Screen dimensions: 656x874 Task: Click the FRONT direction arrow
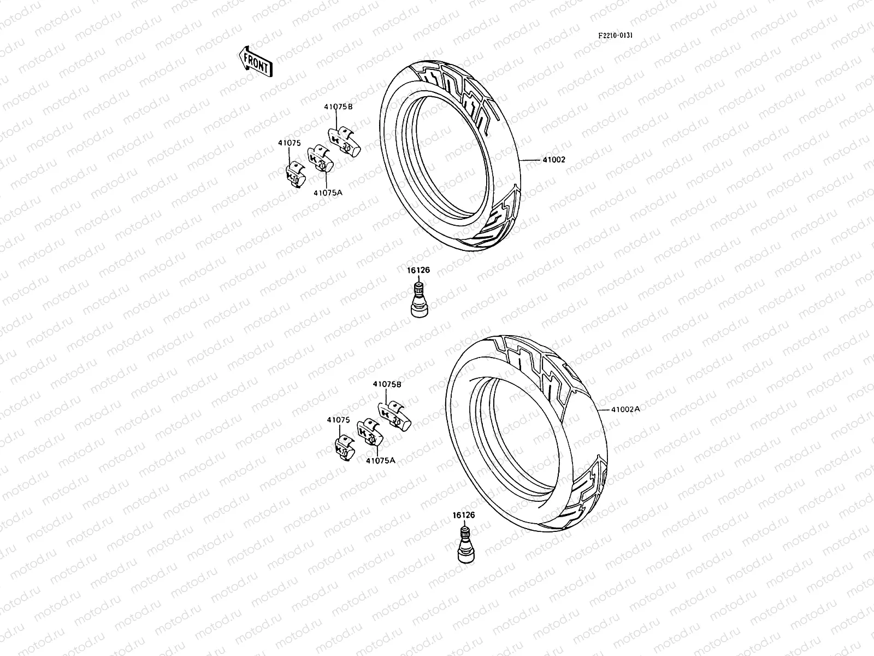pyautogui.click(x=255, y=61)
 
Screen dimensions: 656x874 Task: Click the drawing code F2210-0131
pyautogui.click(x=615, y=36)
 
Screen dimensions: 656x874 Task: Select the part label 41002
pyautogui.click(x=553, y=160)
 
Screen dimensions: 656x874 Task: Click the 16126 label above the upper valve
pyautogui.click(x=418, y=270)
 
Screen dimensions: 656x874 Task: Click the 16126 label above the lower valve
pyautogui.click(x=463, y=515)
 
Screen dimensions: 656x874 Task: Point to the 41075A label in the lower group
pyautogui.click(x=380, y=460)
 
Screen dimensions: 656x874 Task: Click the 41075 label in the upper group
pyautogui.click(x=289, y=143)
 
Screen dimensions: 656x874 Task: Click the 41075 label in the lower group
pyautogui.click(x=338, y=420)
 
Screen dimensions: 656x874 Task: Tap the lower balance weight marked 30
pyautogui.click(x=395, y=418)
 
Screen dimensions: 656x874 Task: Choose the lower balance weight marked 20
pyautogui.click(x=369, y=434)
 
